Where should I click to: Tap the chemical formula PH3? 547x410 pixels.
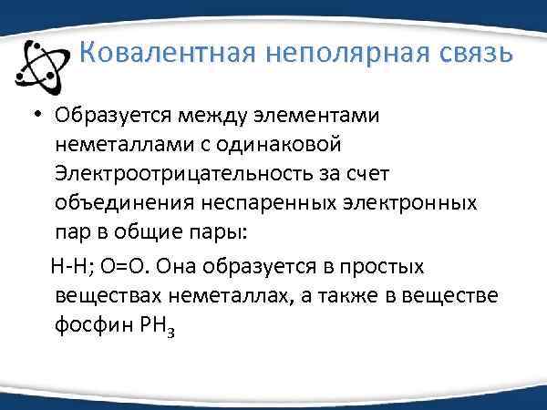(151, 328)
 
